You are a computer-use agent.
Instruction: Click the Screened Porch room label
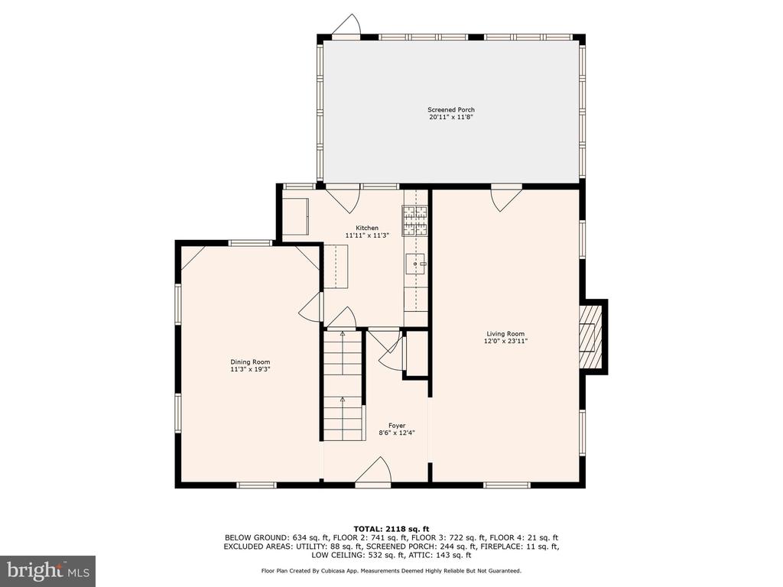[x=451, y=110]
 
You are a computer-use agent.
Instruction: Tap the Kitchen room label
[x=367, y=228]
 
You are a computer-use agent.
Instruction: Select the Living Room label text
[x=505, y=334]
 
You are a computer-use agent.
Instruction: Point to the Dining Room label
[x=250, y=362]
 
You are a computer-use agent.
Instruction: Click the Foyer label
[x=397, y=426]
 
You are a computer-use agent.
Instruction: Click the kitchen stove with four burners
[x=415, y=221]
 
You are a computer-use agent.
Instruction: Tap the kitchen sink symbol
[x=416, y=264]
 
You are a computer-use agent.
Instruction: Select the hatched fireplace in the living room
[x=591, y=336]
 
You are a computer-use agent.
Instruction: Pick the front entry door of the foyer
[x=373, y=472]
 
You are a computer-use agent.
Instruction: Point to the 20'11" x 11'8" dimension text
[x=451, y=117]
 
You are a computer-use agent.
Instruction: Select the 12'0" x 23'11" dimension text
[x=505, y=342]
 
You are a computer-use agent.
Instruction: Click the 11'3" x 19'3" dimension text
[x=250, y=369]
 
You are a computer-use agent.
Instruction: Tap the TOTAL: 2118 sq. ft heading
[x=391, y=529]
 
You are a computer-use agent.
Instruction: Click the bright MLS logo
[x=48, y=570]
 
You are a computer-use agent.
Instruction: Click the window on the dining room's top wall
[x=251, y=243]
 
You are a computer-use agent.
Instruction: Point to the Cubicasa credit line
[x=391, y=570]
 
